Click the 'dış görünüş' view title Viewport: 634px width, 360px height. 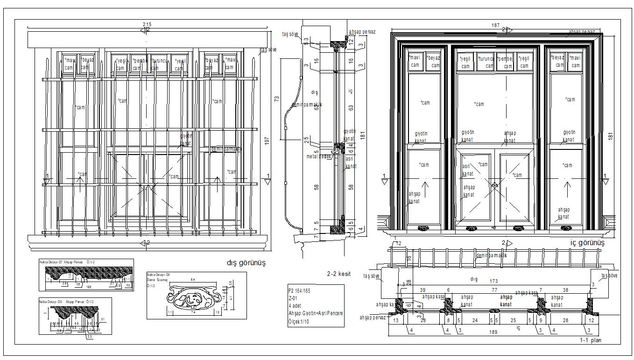click(x=246, y=263)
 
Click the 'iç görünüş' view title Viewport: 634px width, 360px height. click(x=587, y=243)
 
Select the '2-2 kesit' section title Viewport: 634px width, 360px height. click(x=338, y=274)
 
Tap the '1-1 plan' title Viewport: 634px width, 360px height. click(x=591, y=340)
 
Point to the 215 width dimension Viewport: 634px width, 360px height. click(x=148, y=24)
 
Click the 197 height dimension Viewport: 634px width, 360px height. click(x=267, y=141)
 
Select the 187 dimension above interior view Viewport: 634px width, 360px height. click(x=496, y=25)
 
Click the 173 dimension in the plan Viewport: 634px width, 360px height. click(x=494, y=282)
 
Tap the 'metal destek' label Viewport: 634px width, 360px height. click(x=319, y=156)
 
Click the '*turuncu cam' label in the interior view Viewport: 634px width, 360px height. click(x=486, y=62)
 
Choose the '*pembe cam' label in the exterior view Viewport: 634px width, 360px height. click(x=140, y=64)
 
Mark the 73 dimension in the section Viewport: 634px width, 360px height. click(x=276, y=99)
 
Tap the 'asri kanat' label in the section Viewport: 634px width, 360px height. click(x=350, y=162)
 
